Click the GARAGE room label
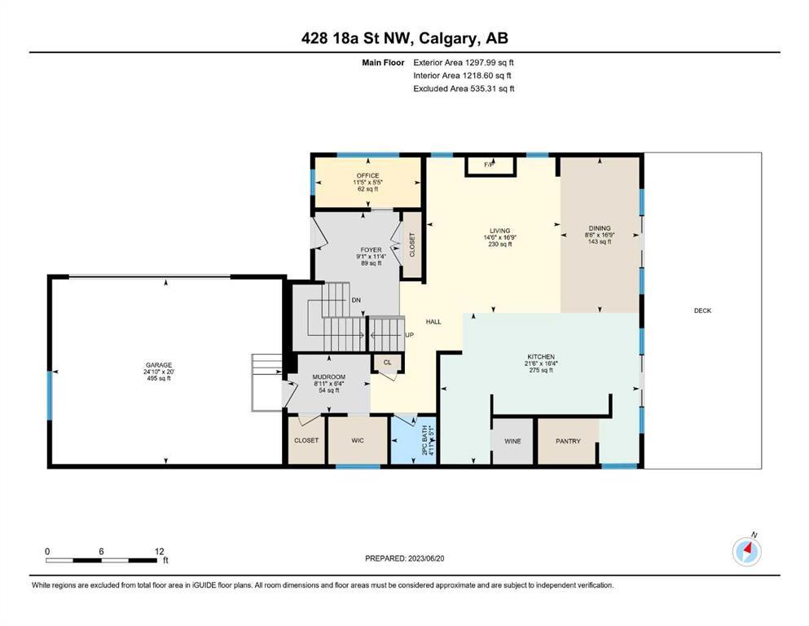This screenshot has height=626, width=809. coord(158,365)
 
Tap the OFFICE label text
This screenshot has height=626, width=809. coord(368,175)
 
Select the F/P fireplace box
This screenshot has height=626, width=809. coord(490,166)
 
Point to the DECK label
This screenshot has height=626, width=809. coord(702,311)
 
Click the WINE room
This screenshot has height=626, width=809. coord(512,441)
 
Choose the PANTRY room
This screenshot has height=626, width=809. coord(568,441)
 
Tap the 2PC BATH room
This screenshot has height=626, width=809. coord(415,439)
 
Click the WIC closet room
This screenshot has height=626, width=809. coord(358,440)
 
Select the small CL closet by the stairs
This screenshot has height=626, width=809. coord(387,362)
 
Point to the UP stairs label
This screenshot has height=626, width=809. coord(409,335)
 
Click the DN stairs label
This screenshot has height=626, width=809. coord(356,300)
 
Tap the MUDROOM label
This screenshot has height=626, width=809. coord(328,377)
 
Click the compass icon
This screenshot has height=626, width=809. coord(746,551)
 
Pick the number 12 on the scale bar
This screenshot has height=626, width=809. coord(159,551)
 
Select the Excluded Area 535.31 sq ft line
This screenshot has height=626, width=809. coord(464,89)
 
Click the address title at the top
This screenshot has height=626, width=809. coord(404,38)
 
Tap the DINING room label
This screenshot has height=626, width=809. coord(600,228)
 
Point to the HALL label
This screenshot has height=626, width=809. coord(433,321)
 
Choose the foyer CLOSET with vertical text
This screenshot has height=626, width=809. coord(411,245)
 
